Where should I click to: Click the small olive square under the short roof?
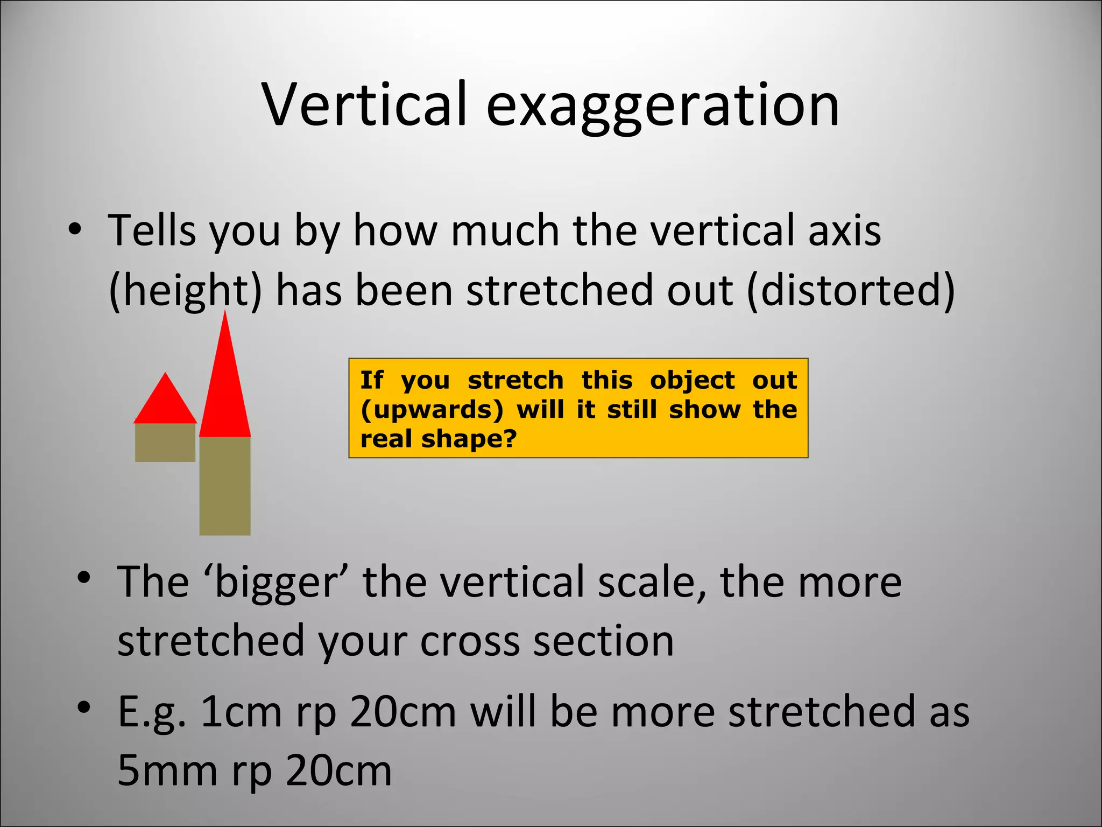(x=165, y=443)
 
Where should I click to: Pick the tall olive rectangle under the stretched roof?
(x=225, y=486)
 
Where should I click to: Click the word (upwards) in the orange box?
(x=432, y=410)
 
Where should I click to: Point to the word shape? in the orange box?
(x=469, y=439)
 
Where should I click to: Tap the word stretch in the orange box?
(x=515, y=380)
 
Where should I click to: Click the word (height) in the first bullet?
(x=185, y=291)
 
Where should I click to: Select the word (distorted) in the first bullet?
(x=851, y=291)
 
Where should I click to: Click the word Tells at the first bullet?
(x=152, y=230)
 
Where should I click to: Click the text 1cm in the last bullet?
(x=241, y=712)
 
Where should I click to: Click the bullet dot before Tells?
(x=75, y=230)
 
